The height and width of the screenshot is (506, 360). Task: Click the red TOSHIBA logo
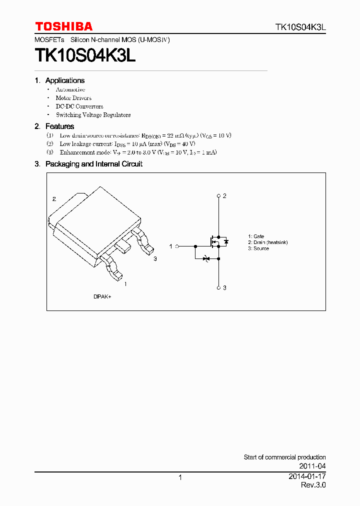pos(63,26)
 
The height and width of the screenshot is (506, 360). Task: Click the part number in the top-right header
pos(300,27)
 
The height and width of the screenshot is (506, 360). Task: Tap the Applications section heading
pos(64,80)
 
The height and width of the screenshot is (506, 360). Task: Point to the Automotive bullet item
pos(70,89)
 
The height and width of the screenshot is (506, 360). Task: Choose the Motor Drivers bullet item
pos(73,98)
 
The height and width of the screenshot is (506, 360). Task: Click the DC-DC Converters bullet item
pos(79,106)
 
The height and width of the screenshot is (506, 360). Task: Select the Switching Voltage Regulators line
pos(93,115)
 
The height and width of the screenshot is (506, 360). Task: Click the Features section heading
pos(59,126)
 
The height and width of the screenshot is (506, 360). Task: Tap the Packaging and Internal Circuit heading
pos(93,164)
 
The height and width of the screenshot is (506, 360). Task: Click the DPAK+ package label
pos(102,296)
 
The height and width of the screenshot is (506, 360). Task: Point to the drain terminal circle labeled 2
pos(218,195)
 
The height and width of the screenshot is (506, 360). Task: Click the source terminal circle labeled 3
pos(218,287)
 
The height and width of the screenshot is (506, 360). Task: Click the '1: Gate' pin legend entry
pos(256,236)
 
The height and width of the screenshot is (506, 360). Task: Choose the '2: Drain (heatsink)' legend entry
pos(268,242)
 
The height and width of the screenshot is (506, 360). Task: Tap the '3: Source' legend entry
pos(258,248)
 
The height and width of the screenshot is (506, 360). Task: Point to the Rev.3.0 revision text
pos(313,485)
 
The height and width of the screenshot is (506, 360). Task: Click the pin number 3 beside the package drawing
pos(155,258)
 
